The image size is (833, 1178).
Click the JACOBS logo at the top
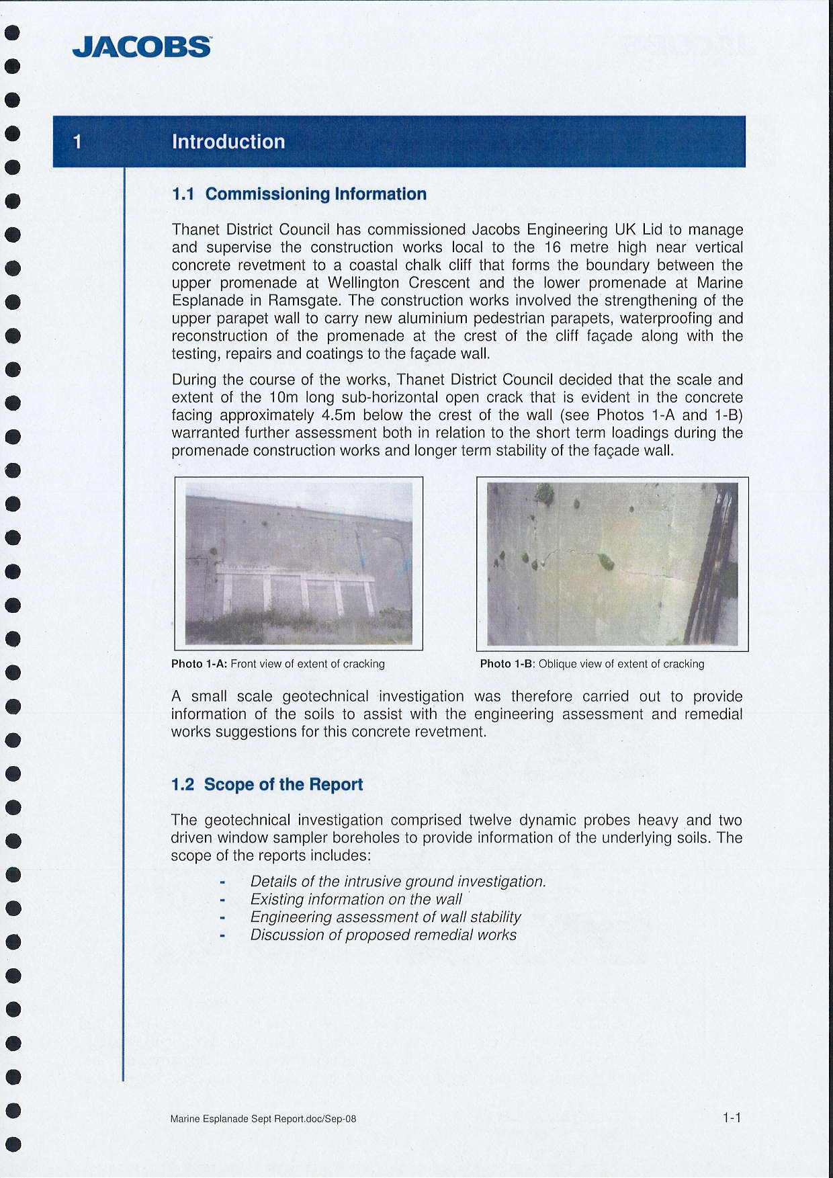[x=142, y=47]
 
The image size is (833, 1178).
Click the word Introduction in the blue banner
[x=228, y=142]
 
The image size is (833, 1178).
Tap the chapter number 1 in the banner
[x=77, y=142]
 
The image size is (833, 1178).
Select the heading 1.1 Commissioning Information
[x=299, y=194]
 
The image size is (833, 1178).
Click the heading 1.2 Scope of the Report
[x=267, y=785]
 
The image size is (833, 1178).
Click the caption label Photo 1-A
[x=199, y=664]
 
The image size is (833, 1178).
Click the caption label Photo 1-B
[x=507, y=664]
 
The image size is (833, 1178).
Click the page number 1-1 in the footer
[x=732, y=1118]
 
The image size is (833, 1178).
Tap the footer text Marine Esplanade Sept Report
[x=263, y=1119]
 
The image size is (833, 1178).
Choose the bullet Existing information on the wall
[x=356, y=899]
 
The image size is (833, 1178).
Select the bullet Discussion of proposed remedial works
[x=383, y=935]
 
